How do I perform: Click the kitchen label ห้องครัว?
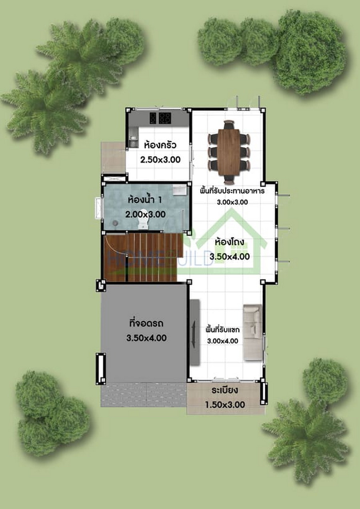(160, 145)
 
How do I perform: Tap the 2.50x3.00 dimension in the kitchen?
(160, 160)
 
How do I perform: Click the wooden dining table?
(229, 152)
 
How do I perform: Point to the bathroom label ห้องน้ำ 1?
(145, 200)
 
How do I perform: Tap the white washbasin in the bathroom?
(180, 190)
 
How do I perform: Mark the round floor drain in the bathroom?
(116, 223)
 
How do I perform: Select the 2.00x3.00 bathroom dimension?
(145, 214)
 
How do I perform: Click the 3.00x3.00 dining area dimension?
(232, 202)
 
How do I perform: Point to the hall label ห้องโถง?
(230, 242)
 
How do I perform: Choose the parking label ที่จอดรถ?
(146, 323)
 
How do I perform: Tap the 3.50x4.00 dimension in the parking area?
(146, 338)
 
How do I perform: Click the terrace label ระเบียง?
(225, 391)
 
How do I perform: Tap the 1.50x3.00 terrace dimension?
(225, 405)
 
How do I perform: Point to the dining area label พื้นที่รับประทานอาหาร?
(232, 191)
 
